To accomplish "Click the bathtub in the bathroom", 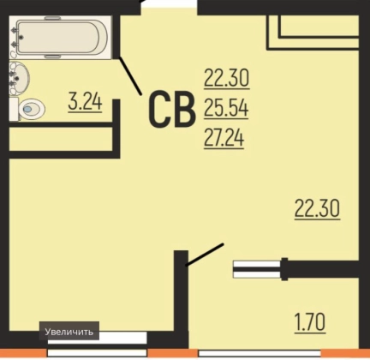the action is (x=61, y=38).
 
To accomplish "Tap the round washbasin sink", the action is (x=20, y=78).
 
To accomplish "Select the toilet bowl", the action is (x=32, y=109).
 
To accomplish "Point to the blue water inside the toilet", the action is (x=28, y=109).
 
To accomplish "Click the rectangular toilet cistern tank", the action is (x=14, y=109).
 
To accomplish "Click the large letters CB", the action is (x=172, y=110).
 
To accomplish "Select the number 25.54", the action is (x=226, y=108).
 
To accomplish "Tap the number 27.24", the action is (x=224, y=138).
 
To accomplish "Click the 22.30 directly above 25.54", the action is (x=227, y=78).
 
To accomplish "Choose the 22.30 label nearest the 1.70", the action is (x=317, y=208).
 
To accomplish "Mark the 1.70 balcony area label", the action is (x=310, y=322).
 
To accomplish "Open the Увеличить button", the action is (x=69, y=332).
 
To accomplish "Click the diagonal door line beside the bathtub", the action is (x=130, y=75).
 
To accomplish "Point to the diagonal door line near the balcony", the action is (x=204, y=255).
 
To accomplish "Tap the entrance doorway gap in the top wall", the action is (x=169, y=8).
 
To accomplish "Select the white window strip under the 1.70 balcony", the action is (x=260, y=353).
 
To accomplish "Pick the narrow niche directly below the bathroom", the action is (x=61, y=139).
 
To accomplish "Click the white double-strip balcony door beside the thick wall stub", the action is (x=257, y=269).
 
